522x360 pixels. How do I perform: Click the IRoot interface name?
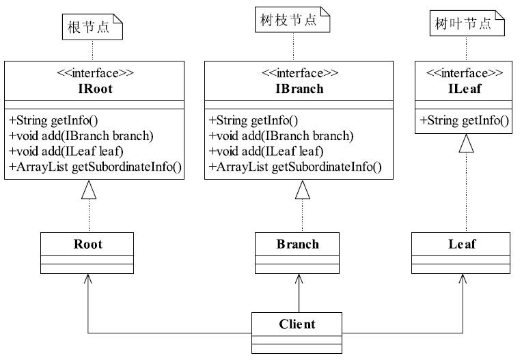[x=95, y=89]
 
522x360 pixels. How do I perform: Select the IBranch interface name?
[x=299, y=89]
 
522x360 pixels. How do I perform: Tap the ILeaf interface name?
[x=465, y=89]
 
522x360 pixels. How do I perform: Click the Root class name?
[x=88, y=245]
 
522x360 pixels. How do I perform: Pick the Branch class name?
[x=298, y=245]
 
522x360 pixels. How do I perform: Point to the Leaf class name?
[x=462, y=245]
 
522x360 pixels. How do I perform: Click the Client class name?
[x=297, y=324]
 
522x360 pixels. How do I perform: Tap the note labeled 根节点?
[x=92, y=27]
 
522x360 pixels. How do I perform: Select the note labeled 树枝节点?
[x=292, y=20]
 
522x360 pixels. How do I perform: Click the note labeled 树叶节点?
[x=467, y=23]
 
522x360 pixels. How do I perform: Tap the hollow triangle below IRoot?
[x=89, y=190]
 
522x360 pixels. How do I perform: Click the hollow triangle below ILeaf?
[x=466, y=143]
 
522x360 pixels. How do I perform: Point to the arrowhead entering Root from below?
[x=88, y=279]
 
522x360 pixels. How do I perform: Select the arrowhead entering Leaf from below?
[x=463, y=279]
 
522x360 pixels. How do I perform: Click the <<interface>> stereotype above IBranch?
[x=300, y=73]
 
